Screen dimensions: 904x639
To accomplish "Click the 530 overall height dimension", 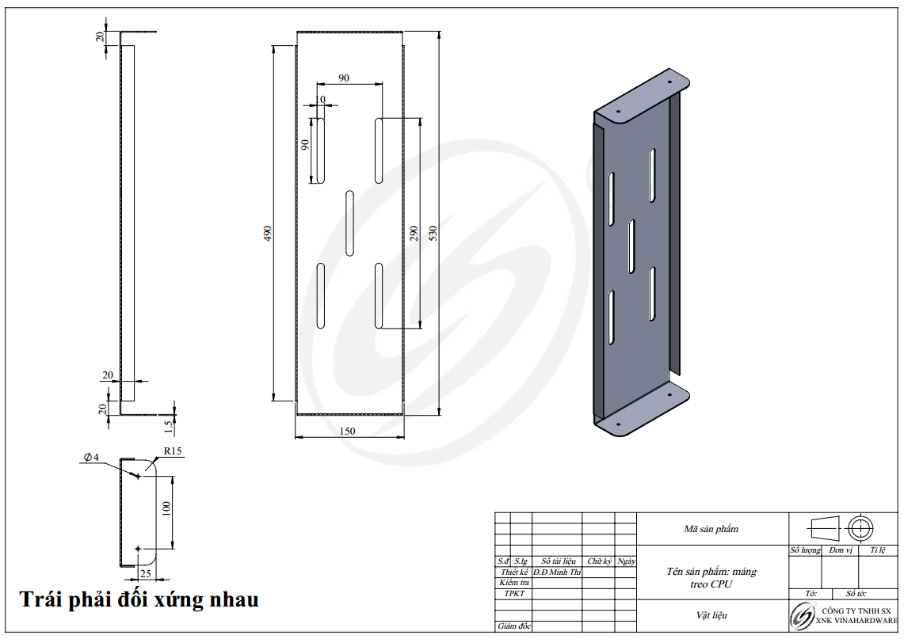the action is [433, 233].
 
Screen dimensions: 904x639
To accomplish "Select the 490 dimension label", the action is [268, 234].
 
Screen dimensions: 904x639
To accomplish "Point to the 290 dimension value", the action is [414, 233].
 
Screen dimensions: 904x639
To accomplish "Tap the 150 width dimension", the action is [347, 431].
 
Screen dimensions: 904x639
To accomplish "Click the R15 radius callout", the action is [173, 451].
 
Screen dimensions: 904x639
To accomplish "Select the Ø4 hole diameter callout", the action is [91, 457].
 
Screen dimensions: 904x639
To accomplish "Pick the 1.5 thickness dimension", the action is [168, 427].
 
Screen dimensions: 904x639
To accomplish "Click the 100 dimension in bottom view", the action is [166, 508].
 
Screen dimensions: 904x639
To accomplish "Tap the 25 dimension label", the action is [145, 573].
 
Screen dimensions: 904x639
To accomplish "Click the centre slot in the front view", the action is [349, 223].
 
